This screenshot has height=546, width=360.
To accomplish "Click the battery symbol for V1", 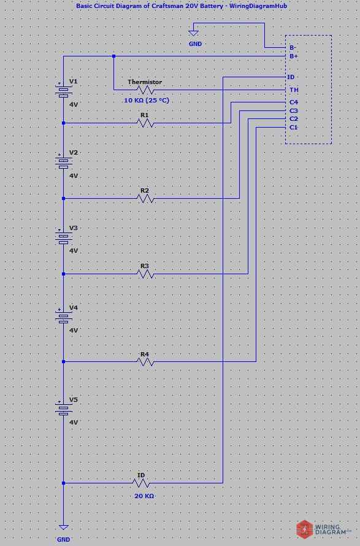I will click(63, 91).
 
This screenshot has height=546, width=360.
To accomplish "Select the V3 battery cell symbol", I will click(63, 237).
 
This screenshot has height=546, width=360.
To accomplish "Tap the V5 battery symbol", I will click(63, 409).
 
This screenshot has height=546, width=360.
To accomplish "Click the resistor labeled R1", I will click(145, 123).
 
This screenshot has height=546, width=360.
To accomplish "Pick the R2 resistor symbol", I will click(145, 198).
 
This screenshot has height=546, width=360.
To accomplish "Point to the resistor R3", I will click(145, 274).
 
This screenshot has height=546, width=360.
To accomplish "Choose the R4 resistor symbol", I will click(145, 362).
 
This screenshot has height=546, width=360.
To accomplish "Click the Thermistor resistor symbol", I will click(145, 90).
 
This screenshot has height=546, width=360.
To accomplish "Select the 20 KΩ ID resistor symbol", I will click(141, 483).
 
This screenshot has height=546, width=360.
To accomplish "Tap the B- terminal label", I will click(293, 47).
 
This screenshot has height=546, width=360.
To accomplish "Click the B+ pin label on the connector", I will click(293, 56).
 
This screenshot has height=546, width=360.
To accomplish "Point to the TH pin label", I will click(294, 90).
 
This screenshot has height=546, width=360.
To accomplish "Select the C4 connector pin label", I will click(294, 102).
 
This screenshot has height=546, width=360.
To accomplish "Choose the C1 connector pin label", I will click(294, 127).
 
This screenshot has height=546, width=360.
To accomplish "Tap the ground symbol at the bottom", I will click(63, 526).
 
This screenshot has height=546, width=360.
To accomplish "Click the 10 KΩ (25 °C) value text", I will click(146, 100).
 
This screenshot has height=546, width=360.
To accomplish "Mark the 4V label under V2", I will click(74, 175).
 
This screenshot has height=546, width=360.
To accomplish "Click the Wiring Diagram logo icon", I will click(305, 528).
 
